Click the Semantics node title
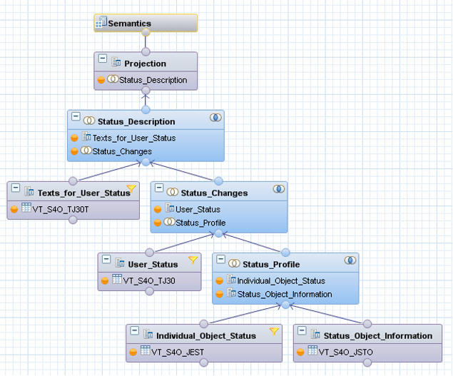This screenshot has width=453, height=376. coord(129,24)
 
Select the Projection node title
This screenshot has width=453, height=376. coord(145,63)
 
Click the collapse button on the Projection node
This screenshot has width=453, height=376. coord(103,59)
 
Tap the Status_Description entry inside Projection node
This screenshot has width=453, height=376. coord(153,80)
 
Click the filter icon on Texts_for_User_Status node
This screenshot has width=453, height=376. coord(131,189)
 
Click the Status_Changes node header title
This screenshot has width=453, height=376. coord(214,193)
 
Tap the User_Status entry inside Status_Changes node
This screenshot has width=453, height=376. coord(198,209)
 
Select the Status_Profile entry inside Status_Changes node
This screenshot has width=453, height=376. coord(200,223)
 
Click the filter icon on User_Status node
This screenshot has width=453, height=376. coord(193,260)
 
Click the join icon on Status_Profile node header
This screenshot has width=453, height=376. coord(350,261)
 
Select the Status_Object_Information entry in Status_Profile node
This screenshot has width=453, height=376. coord(284,293)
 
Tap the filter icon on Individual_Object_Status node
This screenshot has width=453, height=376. coord(273,331)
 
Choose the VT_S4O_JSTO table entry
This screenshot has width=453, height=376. coord(345,351)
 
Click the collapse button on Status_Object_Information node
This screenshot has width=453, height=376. coord(302,332)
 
